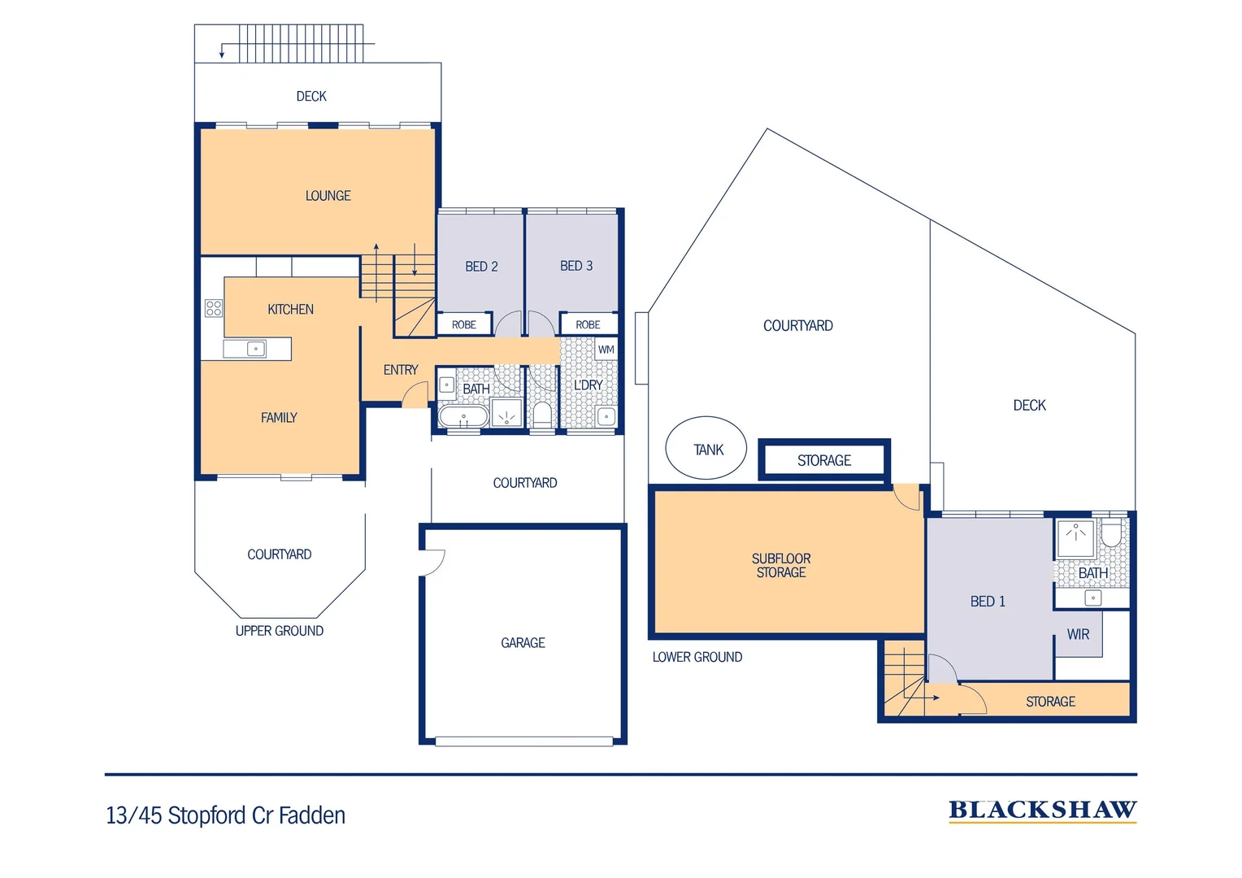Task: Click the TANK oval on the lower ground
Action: [x=706, y=448]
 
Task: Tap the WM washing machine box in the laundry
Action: [x=606, y=350]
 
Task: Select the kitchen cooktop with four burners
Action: [x=214, y=308]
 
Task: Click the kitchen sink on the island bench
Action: [x=254, y=349]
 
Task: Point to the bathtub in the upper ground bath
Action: [x=463, y=418]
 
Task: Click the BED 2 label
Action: [x=481, y=267]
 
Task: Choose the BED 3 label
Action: [x=576, y=266]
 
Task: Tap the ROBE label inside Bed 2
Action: [x=464, y=324]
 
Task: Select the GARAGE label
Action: [x=523, y=643]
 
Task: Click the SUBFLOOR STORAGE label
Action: [x=781, y=565]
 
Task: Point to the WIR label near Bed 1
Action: [x=1078, y=634]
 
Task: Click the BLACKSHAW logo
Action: [x=1042, y=811]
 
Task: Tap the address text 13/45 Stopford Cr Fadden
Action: [x=226, y=815]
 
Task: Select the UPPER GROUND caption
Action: [x=280, y=631]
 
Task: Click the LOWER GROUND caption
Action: [x=697, y=657]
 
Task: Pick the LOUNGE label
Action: [x=328, y=196]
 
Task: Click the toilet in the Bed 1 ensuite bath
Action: [x=1111, y=534]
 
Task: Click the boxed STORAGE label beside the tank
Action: [x=824, y=460]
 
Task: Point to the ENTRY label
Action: [x=401, y=370]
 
